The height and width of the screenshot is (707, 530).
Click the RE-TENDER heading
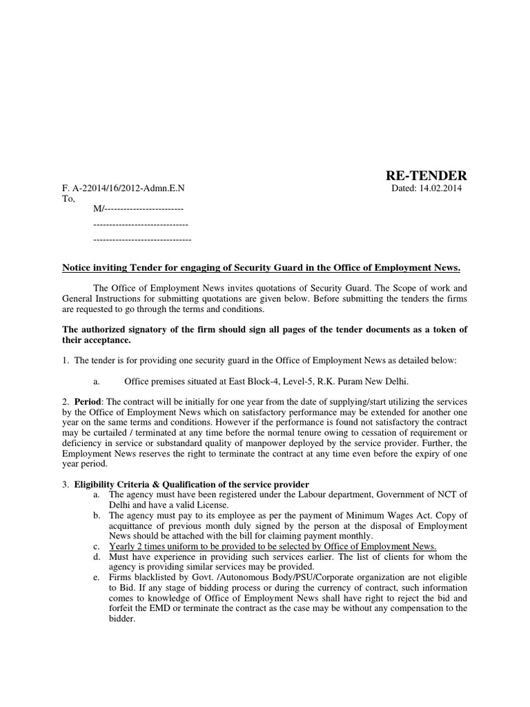pyautogui.click(x=425, y=176)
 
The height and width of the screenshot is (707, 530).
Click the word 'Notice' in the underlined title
pyautogui.click(x=78, y=268)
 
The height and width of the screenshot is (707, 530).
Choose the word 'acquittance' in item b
pyautogui.click(x=135, y=526)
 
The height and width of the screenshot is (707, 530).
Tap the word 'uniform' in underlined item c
pyautogui.click(x=177, y=547)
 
